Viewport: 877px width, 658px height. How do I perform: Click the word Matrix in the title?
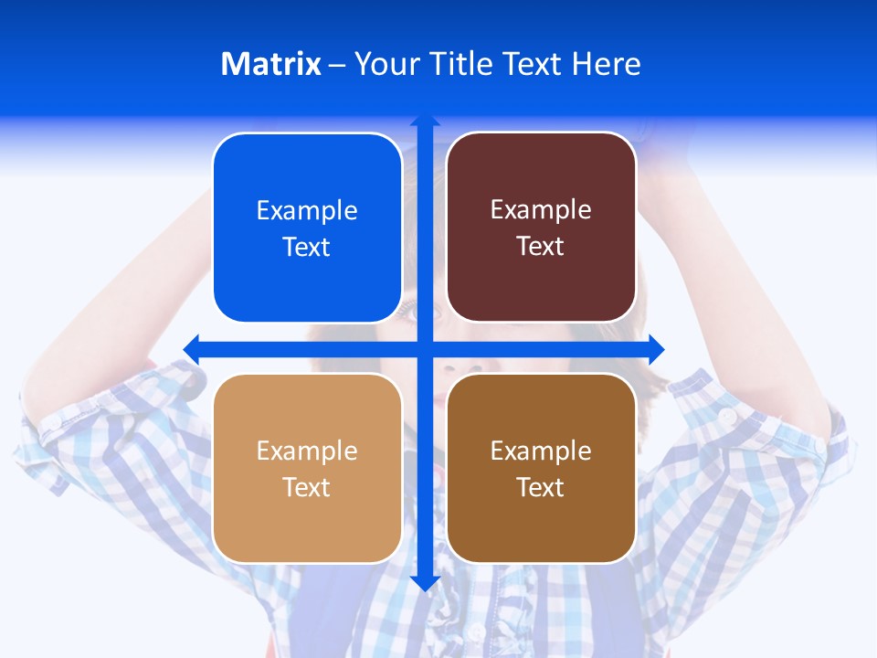(x=270, y=64)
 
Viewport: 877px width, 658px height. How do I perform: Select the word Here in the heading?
(x=607, y=64)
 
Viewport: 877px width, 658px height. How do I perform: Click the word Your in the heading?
(x=385, y=64)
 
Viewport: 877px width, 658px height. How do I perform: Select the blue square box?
(x=307, y=274)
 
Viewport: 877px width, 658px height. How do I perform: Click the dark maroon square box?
(x=541, y=283)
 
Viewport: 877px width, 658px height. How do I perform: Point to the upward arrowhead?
(x=425, y=119)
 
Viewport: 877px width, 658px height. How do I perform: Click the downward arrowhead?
(x=425, y=583)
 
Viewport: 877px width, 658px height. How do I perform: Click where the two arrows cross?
(x=425, y=348)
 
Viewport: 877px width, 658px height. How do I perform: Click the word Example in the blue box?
(x=307, y=211)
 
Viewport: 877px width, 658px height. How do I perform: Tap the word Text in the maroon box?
(x=541, y=247)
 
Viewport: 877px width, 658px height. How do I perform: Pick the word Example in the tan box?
(x=307, y=451)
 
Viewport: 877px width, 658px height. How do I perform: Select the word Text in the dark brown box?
(x=541, y=488)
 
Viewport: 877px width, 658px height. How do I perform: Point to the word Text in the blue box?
(x=307, y=248)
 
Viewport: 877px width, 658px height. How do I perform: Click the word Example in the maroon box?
(x=541, y=210)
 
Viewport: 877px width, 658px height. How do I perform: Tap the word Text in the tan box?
(x=307, y=488)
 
